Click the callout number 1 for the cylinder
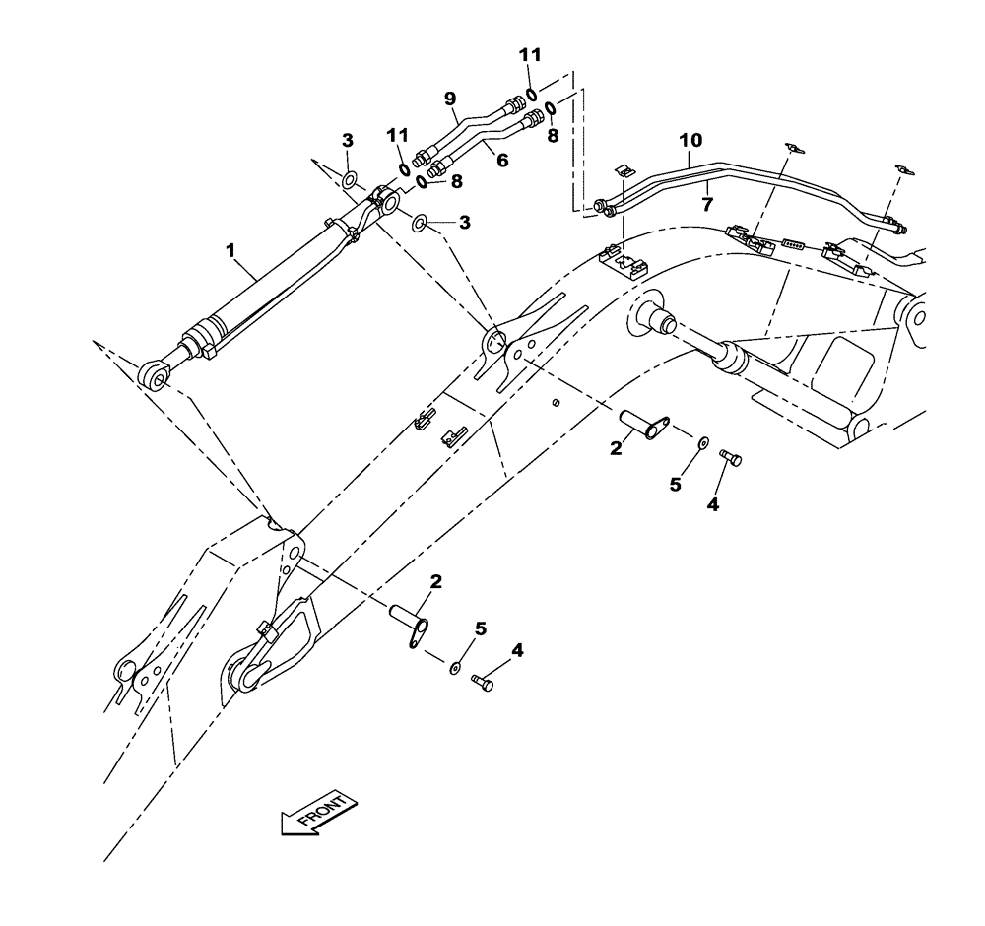231,251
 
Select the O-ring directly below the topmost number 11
532,95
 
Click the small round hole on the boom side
557,402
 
